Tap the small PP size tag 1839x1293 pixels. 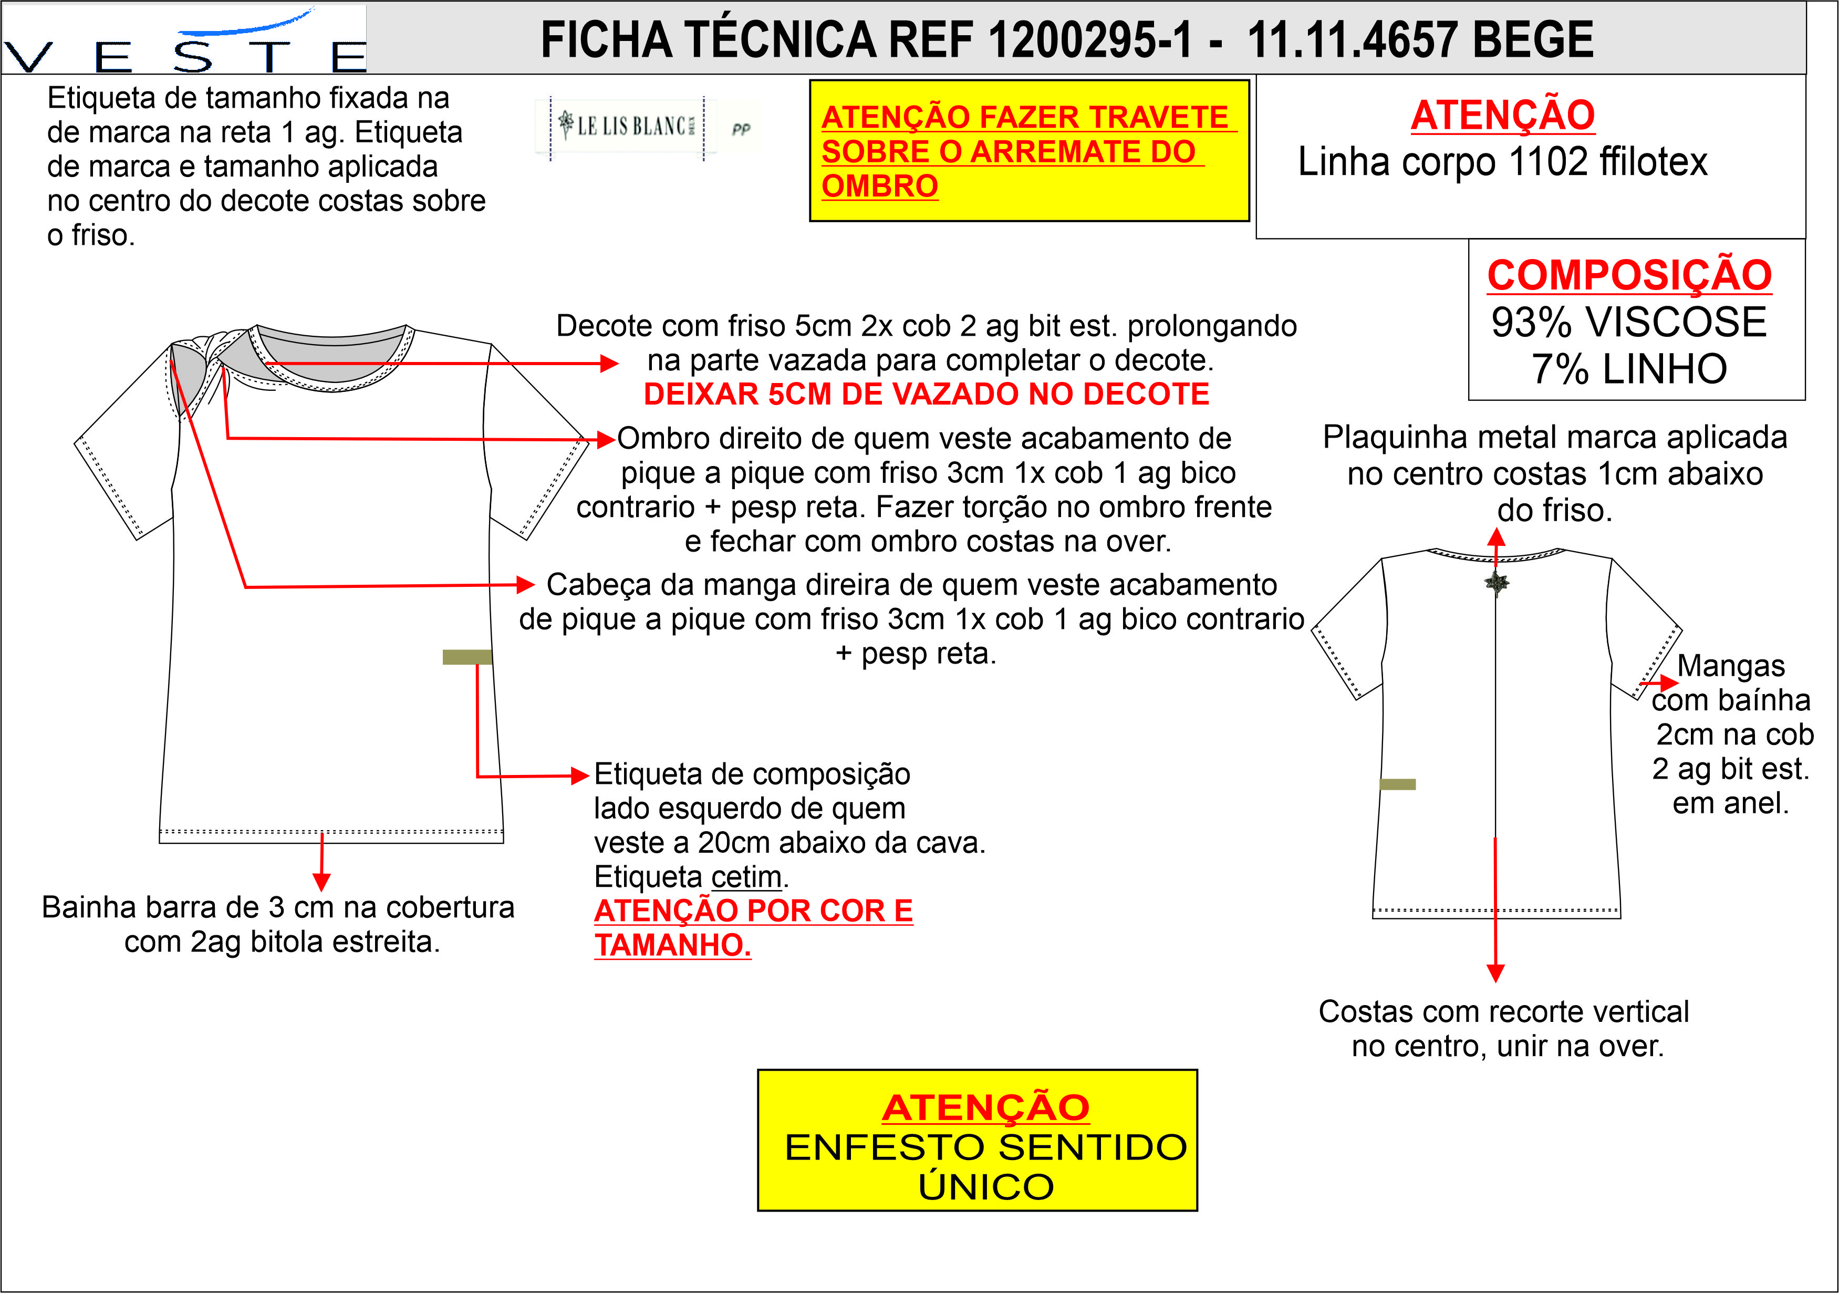point(741,128)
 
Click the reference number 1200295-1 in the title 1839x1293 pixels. point(1090,40)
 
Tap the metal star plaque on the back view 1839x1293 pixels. point(1495,583)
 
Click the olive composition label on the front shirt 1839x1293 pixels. point(467,657)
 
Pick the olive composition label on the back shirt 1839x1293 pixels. point(1398,784)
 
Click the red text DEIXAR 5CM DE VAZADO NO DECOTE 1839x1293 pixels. point(926,394)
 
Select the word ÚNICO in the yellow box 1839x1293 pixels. point(986,1186)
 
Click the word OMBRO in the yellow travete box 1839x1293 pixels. point(879,187)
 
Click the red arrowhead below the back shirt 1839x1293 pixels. point(1495,974)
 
